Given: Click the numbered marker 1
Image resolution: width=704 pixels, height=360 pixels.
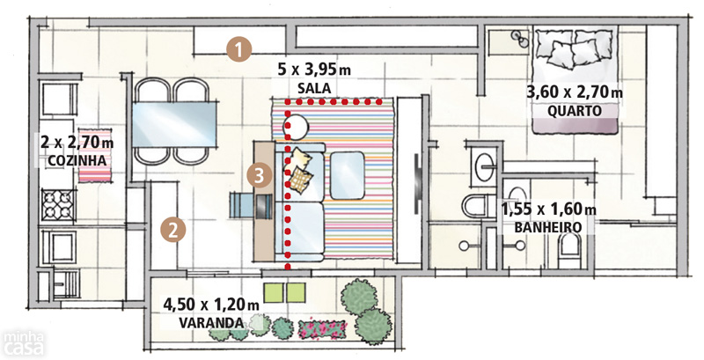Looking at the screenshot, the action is point(238,49).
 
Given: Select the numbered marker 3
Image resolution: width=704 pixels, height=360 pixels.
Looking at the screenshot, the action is point(259,175).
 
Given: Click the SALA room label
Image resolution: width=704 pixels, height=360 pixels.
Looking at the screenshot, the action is point(314,88).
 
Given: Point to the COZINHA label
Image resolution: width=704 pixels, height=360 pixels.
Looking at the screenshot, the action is point(77,160).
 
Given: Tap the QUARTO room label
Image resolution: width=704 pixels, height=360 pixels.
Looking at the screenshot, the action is point(575,111).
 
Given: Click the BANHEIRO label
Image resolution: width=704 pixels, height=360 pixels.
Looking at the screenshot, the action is point(547,227).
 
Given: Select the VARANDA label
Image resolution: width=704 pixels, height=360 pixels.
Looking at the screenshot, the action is point(211,322).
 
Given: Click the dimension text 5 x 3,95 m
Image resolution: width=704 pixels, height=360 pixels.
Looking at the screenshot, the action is point(314,70).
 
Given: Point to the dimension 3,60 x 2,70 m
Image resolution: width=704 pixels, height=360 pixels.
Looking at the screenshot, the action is point(575,92).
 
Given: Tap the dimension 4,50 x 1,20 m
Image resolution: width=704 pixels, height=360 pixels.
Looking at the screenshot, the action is point(211,305).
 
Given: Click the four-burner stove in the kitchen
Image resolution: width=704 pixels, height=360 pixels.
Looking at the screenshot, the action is point(58,204).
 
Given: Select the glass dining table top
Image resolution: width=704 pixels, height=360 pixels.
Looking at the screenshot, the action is point(175,125).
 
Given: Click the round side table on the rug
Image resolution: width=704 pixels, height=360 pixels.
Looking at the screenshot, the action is point(296,127).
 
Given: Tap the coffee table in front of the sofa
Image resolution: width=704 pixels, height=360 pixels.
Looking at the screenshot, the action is point(347,175).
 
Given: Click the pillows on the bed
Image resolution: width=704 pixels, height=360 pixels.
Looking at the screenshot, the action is point(575,48).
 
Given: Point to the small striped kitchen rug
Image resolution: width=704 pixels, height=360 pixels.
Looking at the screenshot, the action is point(95,155).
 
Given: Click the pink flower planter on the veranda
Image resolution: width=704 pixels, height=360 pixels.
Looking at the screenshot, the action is point(322,327).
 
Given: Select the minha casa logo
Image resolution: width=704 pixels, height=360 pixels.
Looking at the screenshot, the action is point(24,343).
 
